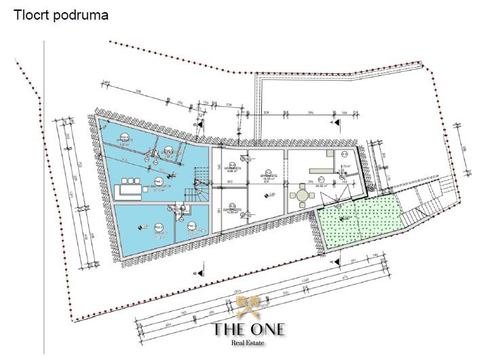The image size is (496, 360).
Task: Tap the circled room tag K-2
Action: pos(268,172)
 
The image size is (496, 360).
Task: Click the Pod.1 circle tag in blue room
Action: pos(158,181)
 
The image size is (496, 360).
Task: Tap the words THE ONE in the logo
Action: pos(249,329)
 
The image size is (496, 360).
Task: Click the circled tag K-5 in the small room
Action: pos(345,155)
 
